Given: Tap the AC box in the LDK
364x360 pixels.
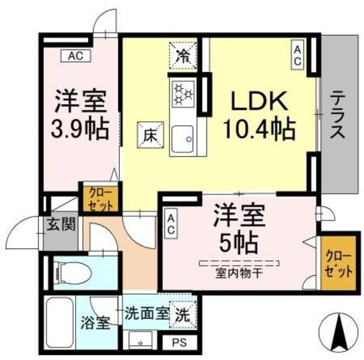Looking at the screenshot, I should tap(297, 55).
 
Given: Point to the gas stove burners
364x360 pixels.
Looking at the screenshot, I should tap(183, 93).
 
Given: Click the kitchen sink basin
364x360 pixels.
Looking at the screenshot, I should tap(183, 137).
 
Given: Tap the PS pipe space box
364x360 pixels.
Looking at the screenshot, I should tap(178, 343).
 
